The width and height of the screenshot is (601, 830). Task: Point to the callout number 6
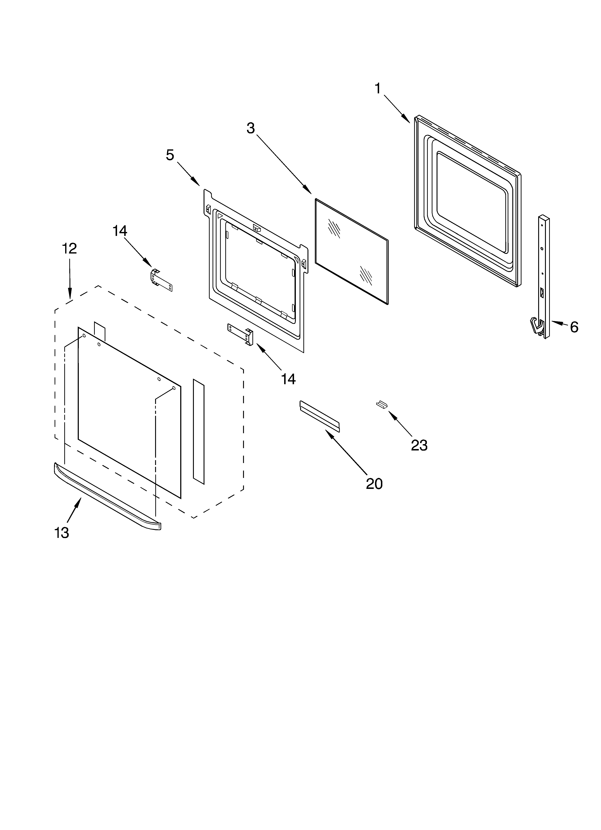(x=574, y=327)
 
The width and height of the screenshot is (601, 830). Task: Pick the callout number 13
(x=62, y=533)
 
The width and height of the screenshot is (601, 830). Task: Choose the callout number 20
(x=374, y=484)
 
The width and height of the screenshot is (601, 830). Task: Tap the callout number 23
(x=419, y=445)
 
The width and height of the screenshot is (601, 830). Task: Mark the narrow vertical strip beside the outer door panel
(x=199, y=432)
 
